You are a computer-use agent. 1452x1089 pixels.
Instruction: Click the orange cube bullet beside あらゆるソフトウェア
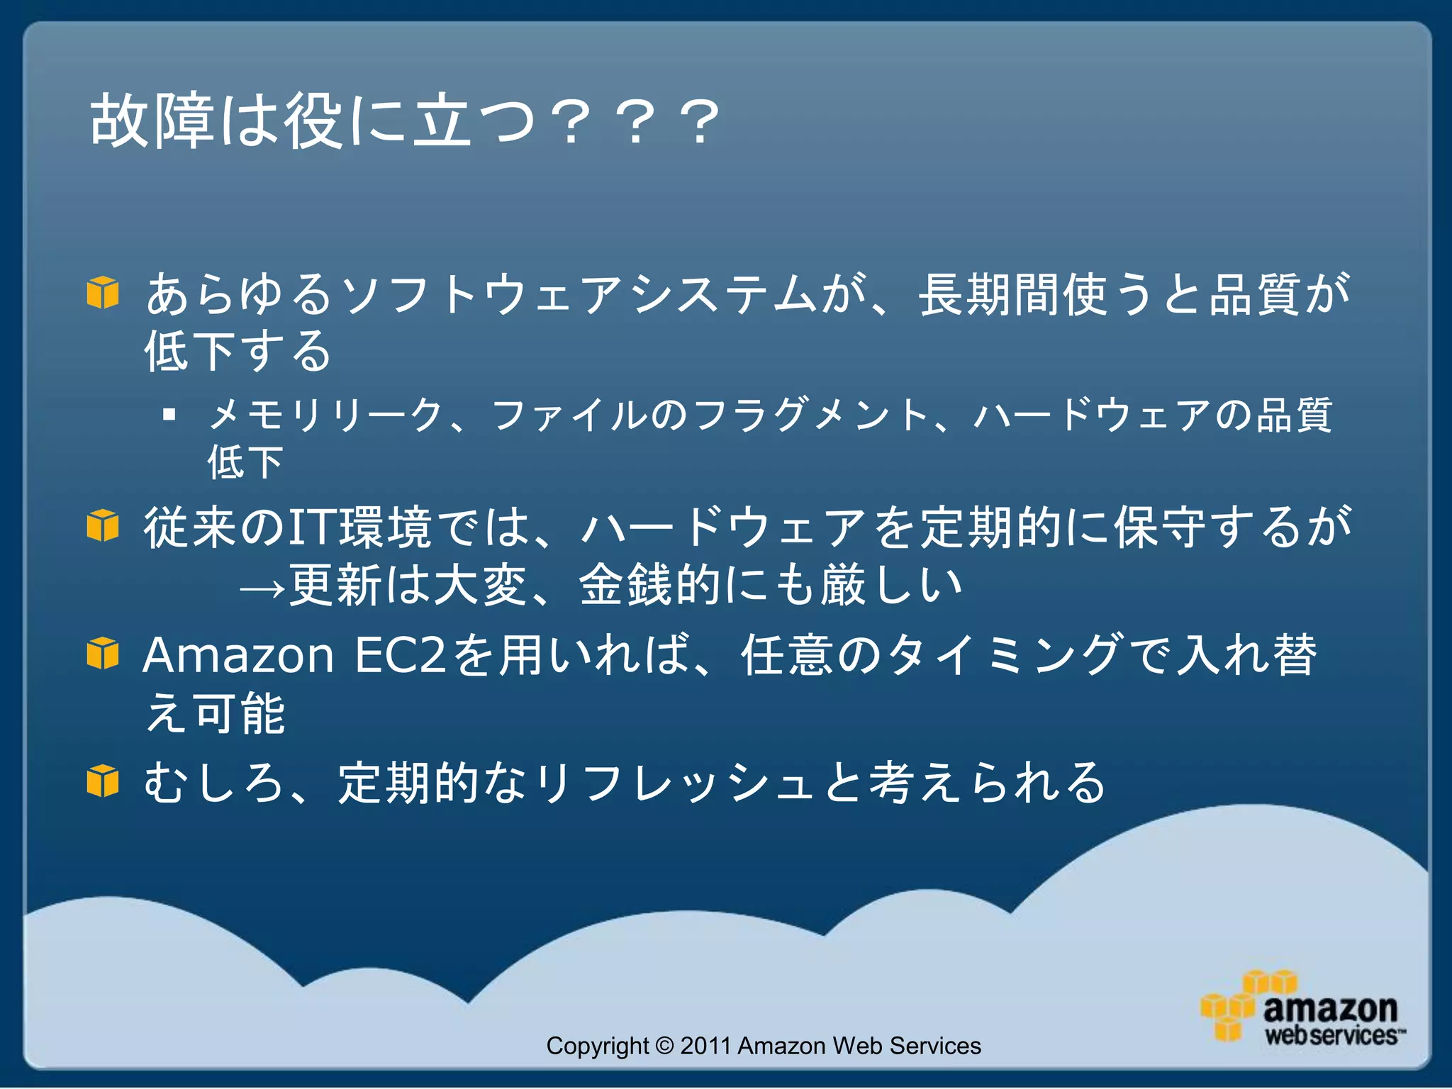pyautogui.click(x=103, y=292)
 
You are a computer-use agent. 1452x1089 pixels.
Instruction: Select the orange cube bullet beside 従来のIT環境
pyautogui.click(x=103, y=525)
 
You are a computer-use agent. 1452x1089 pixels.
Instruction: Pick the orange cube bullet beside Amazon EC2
pyautogui.click(x=103, y=653)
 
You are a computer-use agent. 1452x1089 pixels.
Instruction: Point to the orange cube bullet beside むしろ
pyautogui.click(x=103, y=781)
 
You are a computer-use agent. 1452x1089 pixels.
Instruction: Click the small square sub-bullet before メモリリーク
pyautogui.click(x=169, y=414)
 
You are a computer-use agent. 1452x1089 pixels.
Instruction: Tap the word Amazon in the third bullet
pyautogui.click(x=238, y=654)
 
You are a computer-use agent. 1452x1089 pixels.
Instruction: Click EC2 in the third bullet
pyautogui.click(x=400, y=654)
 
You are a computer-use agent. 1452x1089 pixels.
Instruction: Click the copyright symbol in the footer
pyautogui.click(x=664, y=1046)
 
